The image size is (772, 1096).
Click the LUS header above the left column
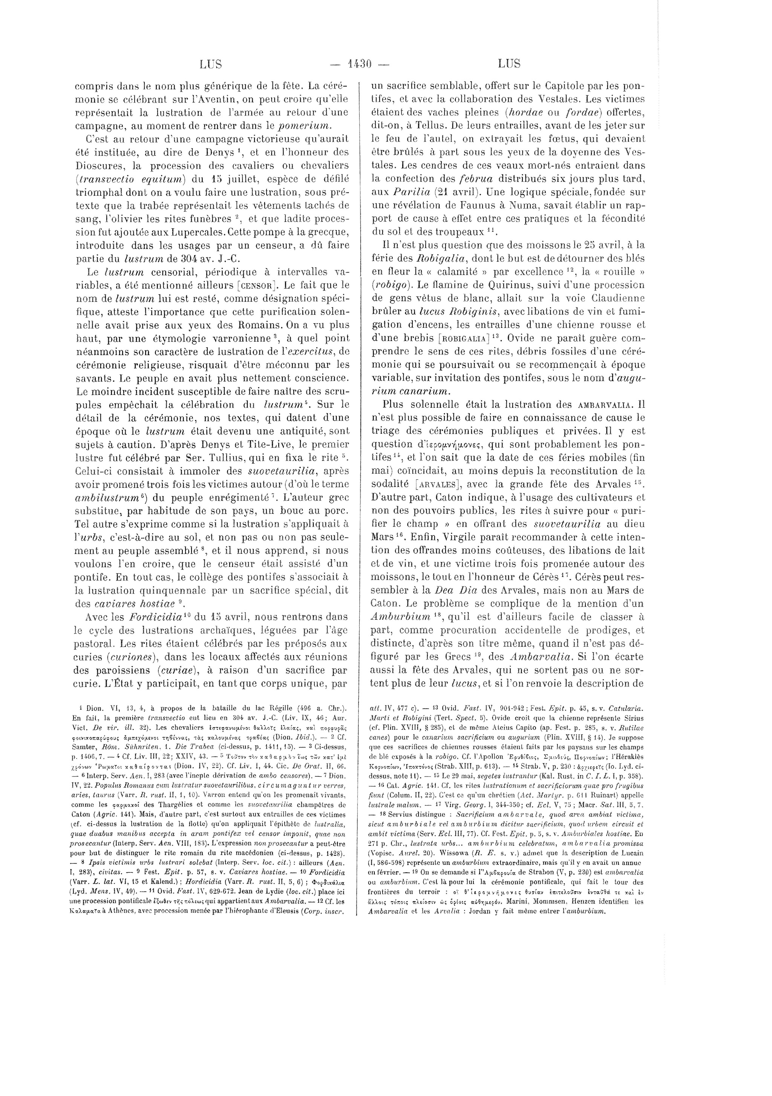pos(210,63)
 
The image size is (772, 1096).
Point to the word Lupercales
pos(199,232)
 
